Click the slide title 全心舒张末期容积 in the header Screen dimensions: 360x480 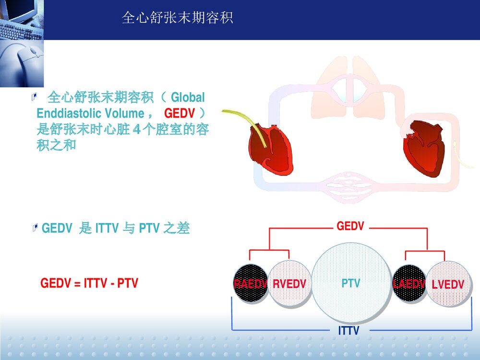(178, 18)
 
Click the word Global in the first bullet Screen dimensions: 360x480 (188, 98)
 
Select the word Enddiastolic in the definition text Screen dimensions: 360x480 (69, 114)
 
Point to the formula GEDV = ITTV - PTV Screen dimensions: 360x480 (89, 283)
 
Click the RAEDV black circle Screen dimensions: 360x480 (250, 284)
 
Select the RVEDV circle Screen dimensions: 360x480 (289, 284)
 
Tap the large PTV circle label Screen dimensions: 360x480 (351, 283)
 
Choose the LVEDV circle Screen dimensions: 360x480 (447, 284)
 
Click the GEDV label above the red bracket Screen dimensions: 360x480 (350, 226)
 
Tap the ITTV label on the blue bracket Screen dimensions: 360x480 (348, 331)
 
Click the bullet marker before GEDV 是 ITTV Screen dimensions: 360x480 (35, 228)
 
